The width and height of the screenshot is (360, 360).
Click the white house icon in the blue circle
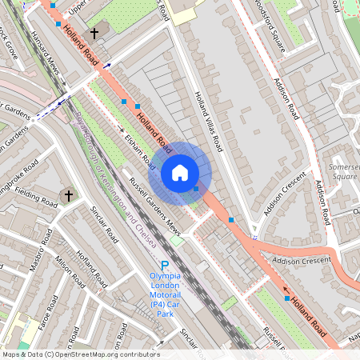(x=180, y=172)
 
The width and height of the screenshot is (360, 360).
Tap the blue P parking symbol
(x=165, y=266)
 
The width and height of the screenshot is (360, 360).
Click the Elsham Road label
(x=138, y=149)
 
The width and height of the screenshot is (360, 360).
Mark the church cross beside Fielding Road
(x=68, y=194)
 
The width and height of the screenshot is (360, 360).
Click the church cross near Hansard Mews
(x=95, y=33)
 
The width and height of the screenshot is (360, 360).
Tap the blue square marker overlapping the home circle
(x=197, y=189)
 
